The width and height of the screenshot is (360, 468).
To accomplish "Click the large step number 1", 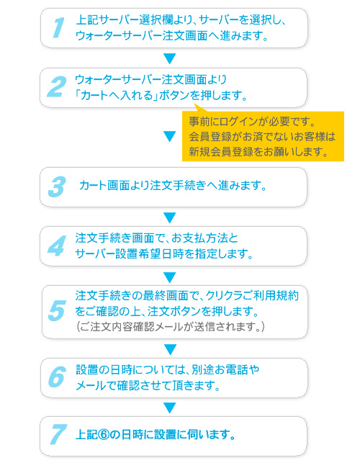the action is coord(58,28).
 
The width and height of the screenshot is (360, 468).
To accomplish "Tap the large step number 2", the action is coord(56,86).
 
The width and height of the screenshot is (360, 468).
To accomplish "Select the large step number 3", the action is coord(57,187).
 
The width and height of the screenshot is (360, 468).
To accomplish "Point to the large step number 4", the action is coord(57,246).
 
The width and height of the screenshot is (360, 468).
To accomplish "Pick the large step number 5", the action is coord(57,311).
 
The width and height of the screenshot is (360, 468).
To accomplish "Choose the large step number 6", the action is coord(57,377).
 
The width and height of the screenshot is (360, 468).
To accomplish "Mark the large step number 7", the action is coord(58,434).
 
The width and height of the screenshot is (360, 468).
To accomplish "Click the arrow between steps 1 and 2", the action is coord(169,58).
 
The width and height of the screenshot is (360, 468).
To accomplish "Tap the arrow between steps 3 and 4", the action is coord(169,217).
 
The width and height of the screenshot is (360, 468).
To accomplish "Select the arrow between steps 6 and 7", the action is coord(169,408).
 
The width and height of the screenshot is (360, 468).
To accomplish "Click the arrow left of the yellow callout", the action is coord(169,136).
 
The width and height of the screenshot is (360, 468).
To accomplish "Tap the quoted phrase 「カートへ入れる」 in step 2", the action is coord(117,96).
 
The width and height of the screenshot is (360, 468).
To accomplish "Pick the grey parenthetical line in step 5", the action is coord(171,327).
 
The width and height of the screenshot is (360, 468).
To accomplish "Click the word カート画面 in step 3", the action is coord(104,185).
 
